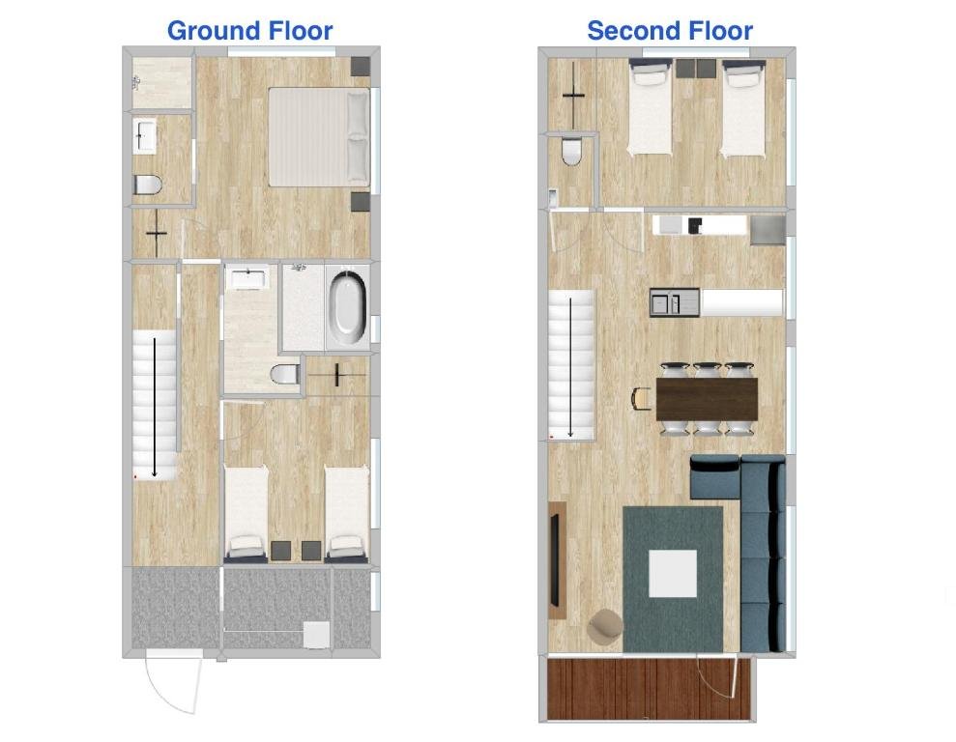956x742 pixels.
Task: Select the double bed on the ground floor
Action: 319,137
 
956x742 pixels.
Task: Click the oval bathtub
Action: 348,306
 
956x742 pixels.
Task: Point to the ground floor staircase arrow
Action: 155,408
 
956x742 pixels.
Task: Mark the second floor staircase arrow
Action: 570,367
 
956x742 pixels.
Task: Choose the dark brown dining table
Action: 708,399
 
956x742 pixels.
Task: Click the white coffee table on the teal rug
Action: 673,573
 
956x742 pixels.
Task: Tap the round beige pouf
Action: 605,625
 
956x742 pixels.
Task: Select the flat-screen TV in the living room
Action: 556,560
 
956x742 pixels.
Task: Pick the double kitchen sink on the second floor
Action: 675,302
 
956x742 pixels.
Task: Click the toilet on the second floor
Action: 572,152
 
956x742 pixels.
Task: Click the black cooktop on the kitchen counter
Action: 694,225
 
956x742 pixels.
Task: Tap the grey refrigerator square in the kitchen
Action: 768,230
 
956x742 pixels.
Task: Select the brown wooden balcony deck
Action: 648,689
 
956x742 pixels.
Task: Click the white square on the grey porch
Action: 316,635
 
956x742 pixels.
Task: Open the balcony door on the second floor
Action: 719,676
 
